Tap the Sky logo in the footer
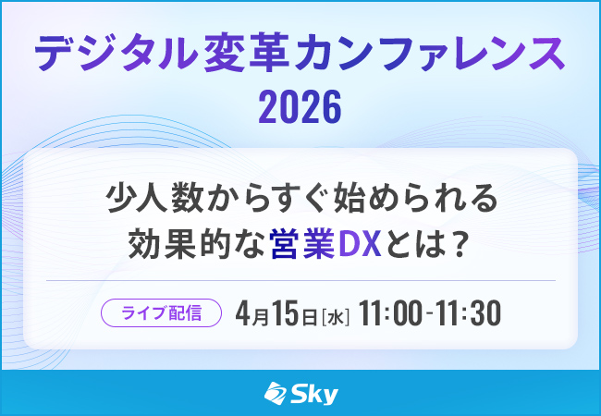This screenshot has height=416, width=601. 300,394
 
